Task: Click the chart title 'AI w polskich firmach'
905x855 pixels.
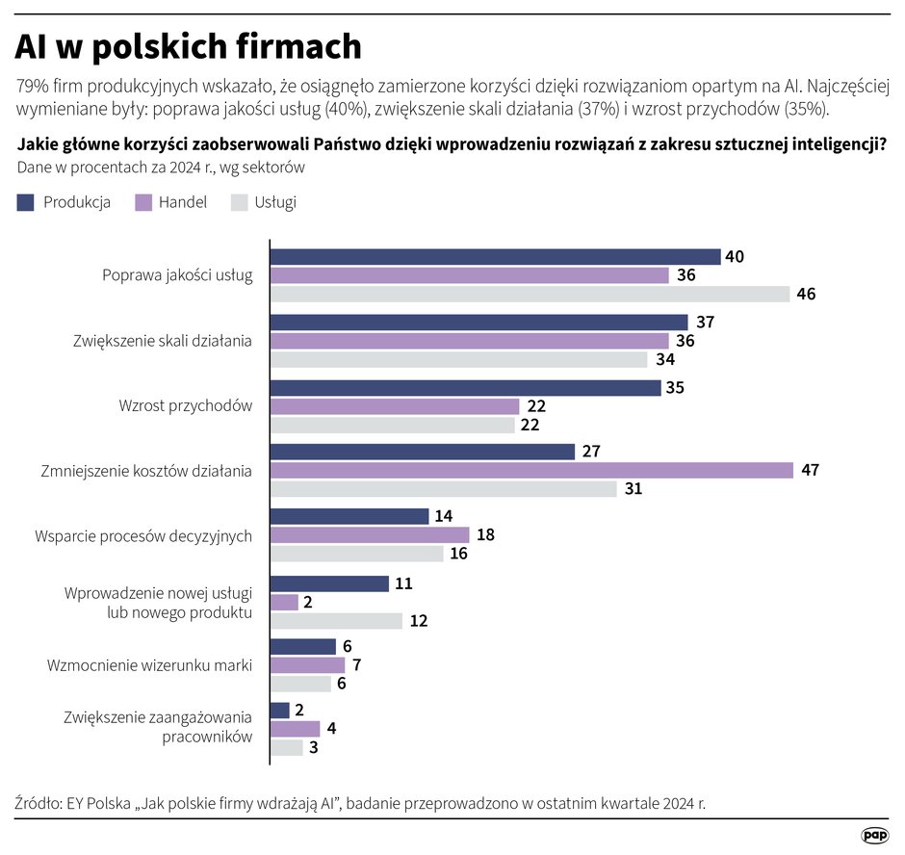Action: (188, 46)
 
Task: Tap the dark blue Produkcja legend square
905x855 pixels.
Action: (26, 202)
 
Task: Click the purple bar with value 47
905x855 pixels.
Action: (531, 470)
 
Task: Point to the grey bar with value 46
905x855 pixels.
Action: (530, 294)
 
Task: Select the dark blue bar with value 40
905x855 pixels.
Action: (495, 257)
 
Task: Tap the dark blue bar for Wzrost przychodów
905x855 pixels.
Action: (465, 387)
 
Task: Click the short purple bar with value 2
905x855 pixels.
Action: (284, 602)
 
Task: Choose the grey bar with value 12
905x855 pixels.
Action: (336, 620)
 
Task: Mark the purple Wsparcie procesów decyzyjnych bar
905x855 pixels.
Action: (370, 534)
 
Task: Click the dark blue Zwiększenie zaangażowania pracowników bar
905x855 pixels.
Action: (279, 711)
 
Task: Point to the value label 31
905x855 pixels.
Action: (633, 489)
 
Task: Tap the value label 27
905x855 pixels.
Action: (591, 452)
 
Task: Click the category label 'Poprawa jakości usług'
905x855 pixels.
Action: (177, 275)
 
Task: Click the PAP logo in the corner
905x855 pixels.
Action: (874, 835)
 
